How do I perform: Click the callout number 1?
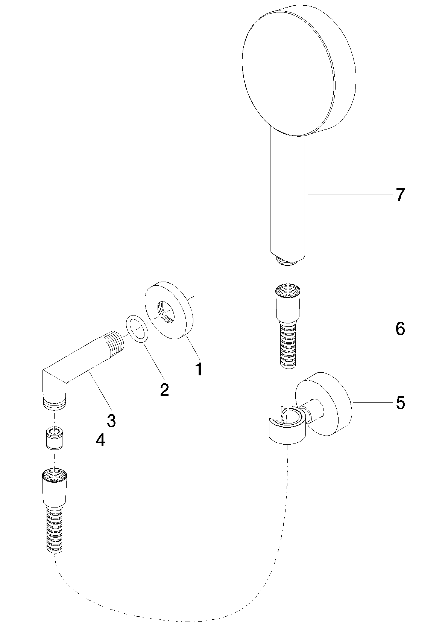(x=199, y=369)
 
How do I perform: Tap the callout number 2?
(x=164, y=390)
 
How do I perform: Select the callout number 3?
(x=111, y=420)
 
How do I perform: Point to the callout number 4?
(x=100, y=440)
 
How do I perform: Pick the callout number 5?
(x=400, y=403)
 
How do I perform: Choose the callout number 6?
(x=400, y=329)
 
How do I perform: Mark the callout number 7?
(x=400, y=195)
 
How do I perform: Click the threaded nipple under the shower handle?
(x=288, y=260)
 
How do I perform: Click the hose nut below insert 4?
(x=55, y=487)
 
